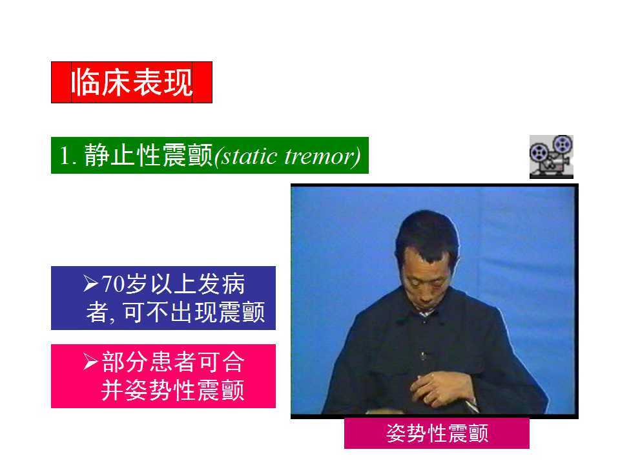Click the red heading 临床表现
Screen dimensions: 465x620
coord(132,82)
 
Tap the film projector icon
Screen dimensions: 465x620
coord(551,156)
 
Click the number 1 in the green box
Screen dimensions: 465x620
coord(65,156)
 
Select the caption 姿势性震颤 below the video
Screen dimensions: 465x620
coord(437,433)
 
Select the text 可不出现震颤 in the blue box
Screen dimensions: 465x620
coord(194,313)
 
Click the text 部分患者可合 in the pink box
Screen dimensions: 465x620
coord(173,362)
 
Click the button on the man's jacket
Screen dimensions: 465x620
coord(424,355)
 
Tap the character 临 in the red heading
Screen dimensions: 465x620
coord(84,82)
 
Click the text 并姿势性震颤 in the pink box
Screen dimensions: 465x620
coord(173,391)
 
